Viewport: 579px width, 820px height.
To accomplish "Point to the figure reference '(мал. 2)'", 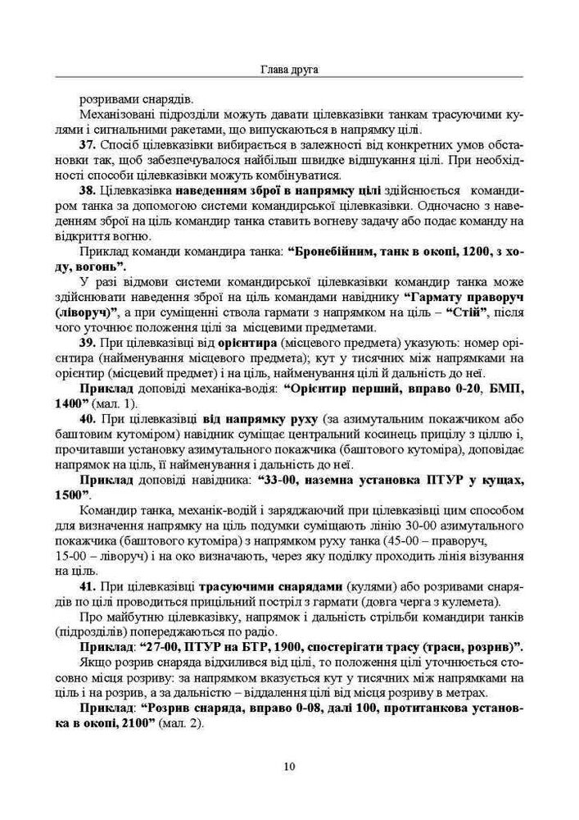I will (185, 727).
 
